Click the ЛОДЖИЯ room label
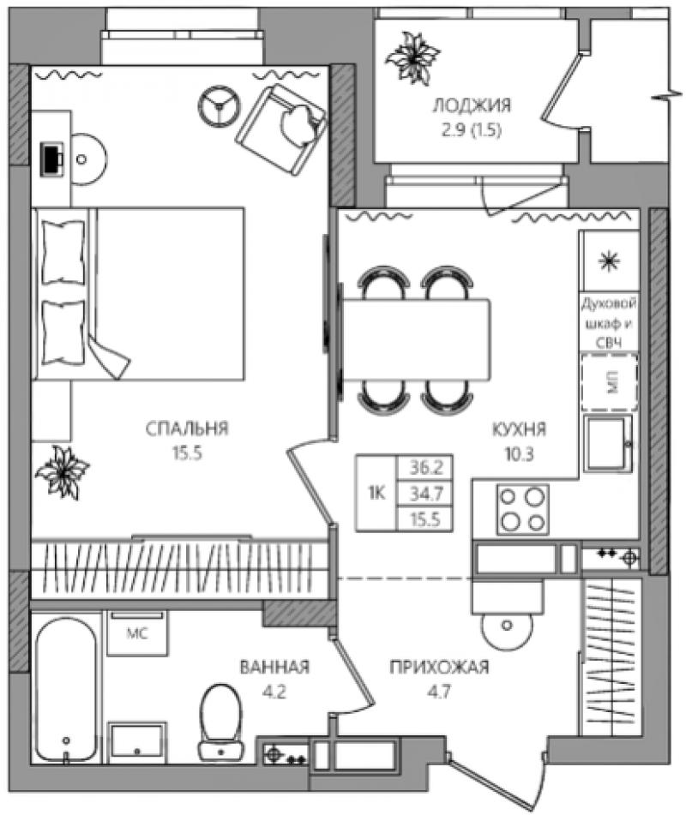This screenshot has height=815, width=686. [x=472, y=105]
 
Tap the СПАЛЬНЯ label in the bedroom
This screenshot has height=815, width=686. [x=187, y=428]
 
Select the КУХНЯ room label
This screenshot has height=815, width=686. [x=519, y=429]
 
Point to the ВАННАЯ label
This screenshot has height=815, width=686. [x=274, y=667]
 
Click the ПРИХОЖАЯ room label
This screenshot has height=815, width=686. [x=440, y=667]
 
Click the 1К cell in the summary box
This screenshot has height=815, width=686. [x=376, y=493]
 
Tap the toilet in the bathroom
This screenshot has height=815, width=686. [x=221, y=722]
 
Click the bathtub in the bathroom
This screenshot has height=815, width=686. [x=66, y=689]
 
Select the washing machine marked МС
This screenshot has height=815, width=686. [x=137, y=633]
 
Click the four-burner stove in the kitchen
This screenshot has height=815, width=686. [x=522, y=509]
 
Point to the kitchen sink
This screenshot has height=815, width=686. [x=607, y=443]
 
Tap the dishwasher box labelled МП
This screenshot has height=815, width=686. [x=610, y=382]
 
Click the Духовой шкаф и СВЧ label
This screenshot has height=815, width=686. [x=609, y=323]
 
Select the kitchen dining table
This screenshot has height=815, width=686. [x=416, y=340]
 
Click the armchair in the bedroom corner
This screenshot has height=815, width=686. [x=281, y=130]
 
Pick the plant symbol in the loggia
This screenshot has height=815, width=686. [x=412, y=57]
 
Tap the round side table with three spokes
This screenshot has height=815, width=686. [x=219, y=105]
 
